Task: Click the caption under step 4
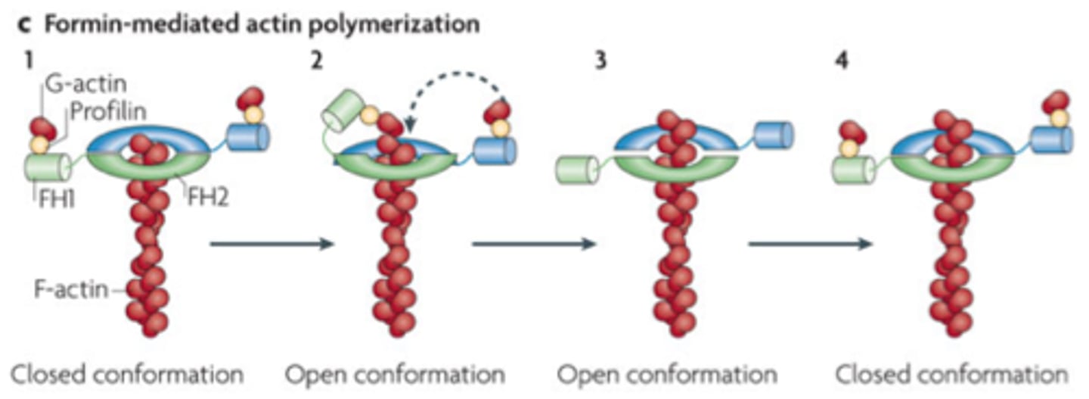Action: point(952,374)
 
